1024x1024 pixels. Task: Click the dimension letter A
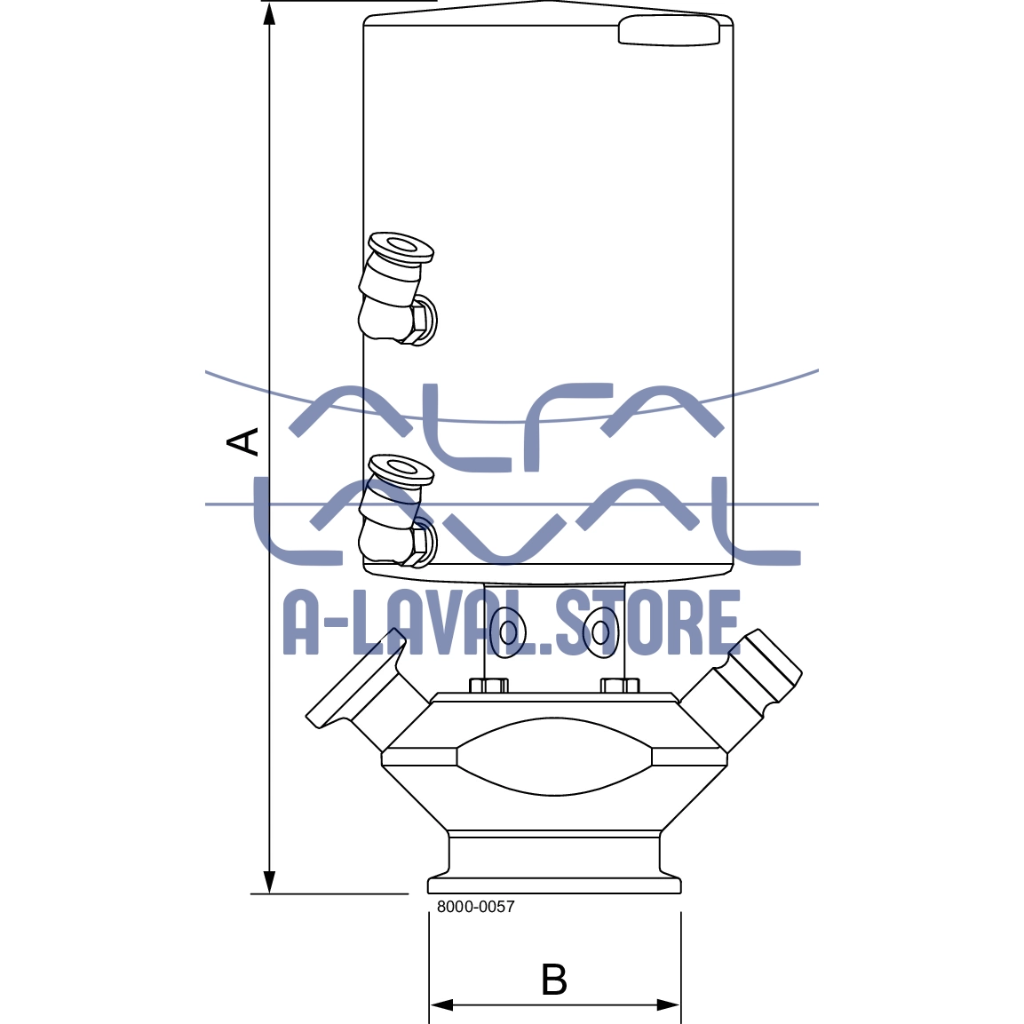coord(244,441)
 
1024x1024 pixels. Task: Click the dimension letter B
coord(554,980)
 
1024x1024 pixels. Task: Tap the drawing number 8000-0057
coord(475,907)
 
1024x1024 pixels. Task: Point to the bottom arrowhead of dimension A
coord(270,882)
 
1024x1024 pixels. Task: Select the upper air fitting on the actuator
coord(395,289)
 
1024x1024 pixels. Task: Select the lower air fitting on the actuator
coord(395,511)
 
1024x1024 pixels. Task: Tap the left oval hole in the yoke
coord(508,632)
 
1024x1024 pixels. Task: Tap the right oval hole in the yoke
coord(601,632)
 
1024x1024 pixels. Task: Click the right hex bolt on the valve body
coord(619,686)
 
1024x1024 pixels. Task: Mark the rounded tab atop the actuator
coord(669,30)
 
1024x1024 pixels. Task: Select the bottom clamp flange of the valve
coord(554,885)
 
